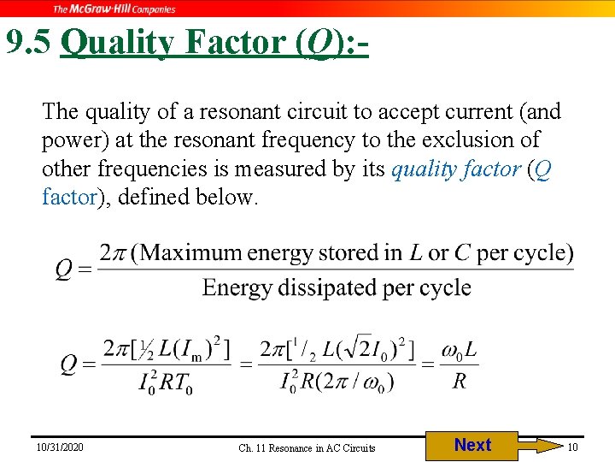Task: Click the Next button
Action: pyautogui.click(x=472, y=446)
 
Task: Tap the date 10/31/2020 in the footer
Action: pyautogui.click(x=60, y=447)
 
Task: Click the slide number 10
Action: pyautogui.click(x=573, y=447)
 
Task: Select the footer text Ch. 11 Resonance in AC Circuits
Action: pyautogui.click(x=307, y=448)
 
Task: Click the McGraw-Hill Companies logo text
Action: pyautogui.click(x=114, y=9)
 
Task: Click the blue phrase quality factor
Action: pyautogui.click(x=455, y=169)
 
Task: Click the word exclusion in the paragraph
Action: pyautogui.click(x=497, y=139)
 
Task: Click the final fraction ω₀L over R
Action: pyautogui.click(x=459, y=365)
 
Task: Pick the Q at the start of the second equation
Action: pyautogui.click(x=70, y=365)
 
